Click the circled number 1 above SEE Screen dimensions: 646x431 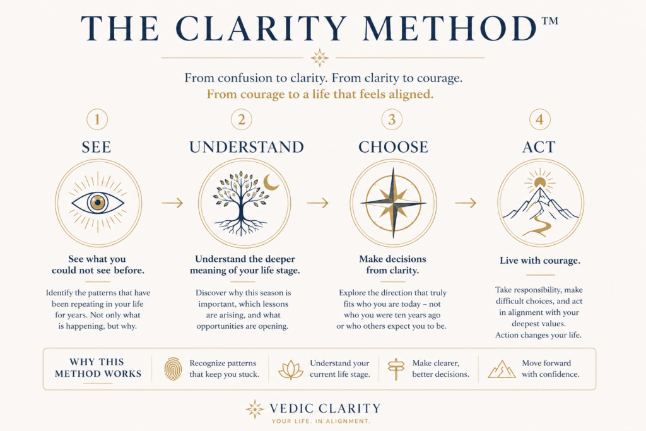click(x=97, y=119)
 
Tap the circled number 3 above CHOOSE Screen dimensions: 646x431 click(x=392, y=119)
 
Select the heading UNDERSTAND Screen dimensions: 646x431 click(x=247, y=147)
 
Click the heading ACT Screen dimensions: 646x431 click(x=539, y=147)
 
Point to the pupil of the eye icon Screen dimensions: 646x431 click(x=98, y=203)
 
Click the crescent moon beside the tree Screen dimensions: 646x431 click(x=271, y=182)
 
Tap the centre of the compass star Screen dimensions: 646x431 click(x=394, y=203)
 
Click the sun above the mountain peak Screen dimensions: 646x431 click(x=540, y=182)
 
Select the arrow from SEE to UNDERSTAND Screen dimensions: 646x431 click(x=172, y=203)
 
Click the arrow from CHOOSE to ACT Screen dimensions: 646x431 click(x=466, y=203)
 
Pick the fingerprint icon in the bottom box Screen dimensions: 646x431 click(x=173, y=369)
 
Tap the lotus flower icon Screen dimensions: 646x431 click(x=291, y=370)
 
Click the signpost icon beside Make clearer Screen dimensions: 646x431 click(x=396, y=369)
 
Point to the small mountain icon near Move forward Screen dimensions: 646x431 click(x=502, y=369)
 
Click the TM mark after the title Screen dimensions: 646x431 click(x=549, y=21)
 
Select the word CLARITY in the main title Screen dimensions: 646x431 click(x=261, y=28)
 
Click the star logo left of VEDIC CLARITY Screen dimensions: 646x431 click(x=255, y=409)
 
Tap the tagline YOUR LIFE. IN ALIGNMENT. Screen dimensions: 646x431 click(x=321, y=421)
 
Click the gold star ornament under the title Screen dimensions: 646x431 click(x=320, y=57)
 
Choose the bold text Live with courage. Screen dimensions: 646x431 click(x=540, y=261)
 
